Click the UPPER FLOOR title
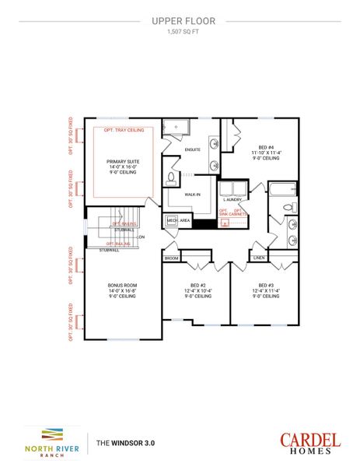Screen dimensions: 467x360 pyautogui.click(x=180, y=23)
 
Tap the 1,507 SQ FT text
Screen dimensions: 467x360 pyautogui.click(x=180, y=33)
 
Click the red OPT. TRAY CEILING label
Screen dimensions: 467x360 pyautogui.click(x=124, y=131)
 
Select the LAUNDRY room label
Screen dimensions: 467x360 pyautogui.click(x=234, y=200)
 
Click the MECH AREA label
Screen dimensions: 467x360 pyautogui.click(x=178, y=221)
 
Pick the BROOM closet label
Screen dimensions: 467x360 pyautogui.click(x=172, y=257)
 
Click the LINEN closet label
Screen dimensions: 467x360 pyautogui.click(x=260, y=257)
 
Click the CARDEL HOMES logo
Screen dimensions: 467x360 pyautogui.click(x=309, y=443)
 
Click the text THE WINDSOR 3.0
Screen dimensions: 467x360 pyautogui.click(x=125, y=442)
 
